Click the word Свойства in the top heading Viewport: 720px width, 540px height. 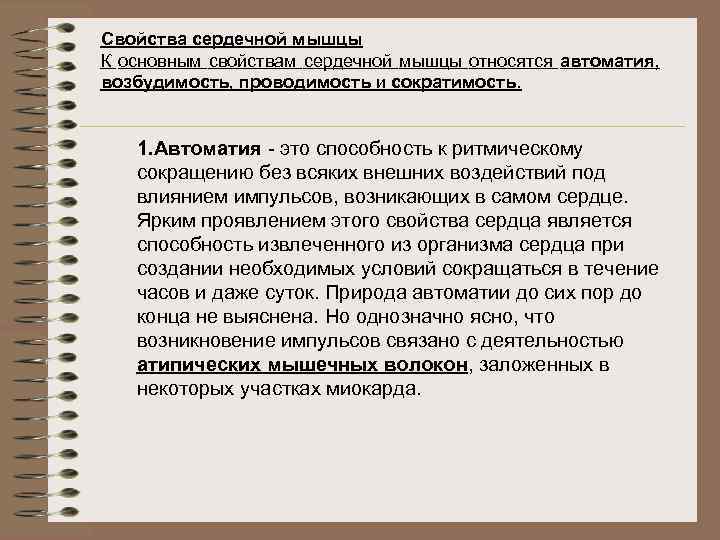[134, 40]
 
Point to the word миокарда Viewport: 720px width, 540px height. [373, 389]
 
